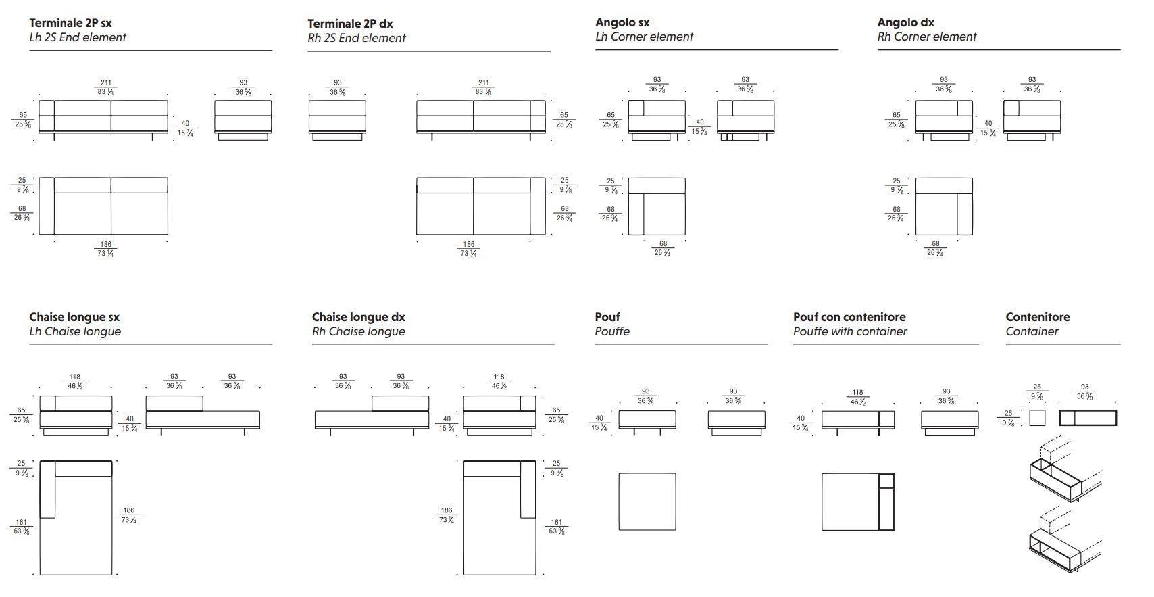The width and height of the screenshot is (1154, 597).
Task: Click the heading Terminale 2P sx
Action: point(70,24)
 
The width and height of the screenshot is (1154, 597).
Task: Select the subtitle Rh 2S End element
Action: point(356,39)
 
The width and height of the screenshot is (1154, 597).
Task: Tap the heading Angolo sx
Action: point(622,23)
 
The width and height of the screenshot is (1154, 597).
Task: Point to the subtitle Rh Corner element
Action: point(926,37)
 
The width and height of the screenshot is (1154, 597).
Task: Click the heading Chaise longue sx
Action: point(74,317)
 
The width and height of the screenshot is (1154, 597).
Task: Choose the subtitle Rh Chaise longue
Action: point(358,332)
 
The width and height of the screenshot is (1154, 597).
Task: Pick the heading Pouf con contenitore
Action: point(849,317)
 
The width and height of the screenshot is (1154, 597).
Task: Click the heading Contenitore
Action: point(1037,317)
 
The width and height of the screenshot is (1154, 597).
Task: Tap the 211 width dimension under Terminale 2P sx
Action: point(106,83)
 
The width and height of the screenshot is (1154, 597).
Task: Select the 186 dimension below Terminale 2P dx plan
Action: point(468,245)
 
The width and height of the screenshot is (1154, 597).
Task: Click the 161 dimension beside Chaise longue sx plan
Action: point(21,523)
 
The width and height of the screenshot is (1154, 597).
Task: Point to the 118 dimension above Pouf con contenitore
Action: point(857,393)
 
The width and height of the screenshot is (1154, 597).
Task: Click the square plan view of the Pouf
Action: point(647,501)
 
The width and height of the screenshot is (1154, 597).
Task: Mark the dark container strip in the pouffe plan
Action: point(886,501)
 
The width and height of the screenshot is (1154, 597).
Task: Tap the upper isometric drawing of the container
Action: point(1061,473)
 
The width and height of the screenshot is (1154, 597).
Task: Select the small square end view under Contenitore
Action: point(1036,418)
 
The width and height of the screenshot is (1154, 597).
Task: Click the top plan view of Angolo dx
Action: point(944,206)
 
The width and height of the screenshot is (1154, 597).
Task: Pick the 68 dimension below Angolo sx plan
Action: point(663,244)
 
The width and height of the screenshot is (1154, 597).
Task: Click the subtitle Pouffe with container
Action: point(849,332)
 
